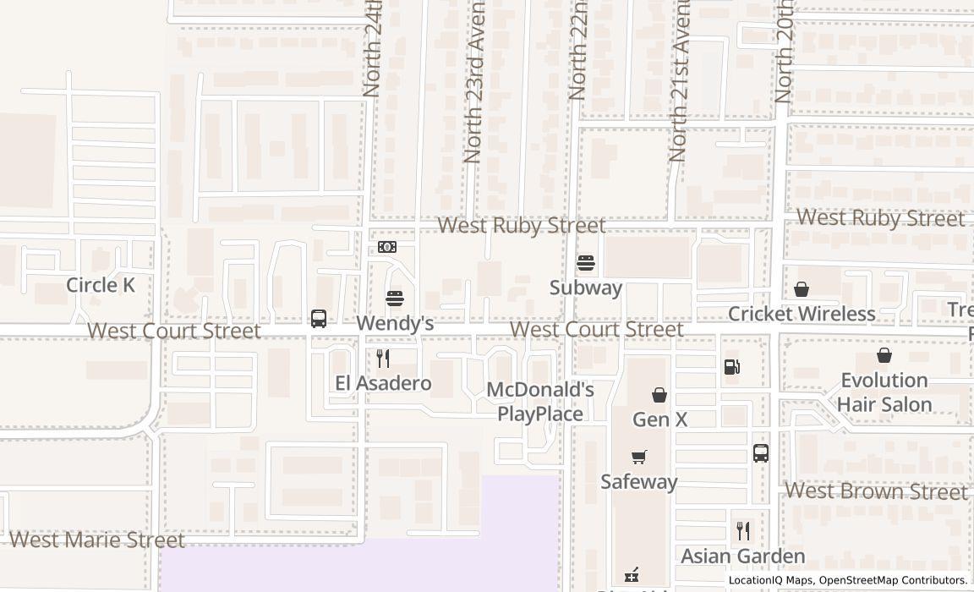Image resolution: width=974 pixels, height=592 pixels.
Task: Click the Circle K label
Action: pos(101,285)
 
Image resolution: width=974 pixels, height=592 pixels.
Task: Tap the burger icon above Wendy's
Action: pos(394,299)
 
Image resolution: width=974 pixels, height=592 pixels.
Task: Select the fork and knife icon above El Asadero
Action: pos(383,359)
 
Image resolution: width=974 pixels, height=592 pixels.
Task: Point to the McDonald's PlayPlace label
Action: pos(540,402)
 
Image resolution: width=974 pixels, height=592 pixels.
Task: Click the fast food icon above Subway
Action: pos(586,263)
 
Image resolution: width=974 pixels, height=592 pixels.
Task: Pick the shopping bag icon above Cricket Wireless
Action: pos(801,290)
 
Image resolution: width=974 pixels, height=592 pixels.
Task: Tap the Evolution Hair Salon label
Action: pos(884,392)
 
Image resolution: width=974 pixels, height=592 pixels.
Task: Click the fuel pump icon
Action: pos(732,366)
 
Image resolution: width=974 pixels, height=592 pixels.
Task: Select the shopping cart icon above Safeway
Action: pos(639,458)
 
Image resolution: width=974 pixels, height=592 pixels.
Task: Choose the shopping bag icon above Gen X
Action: pos(659,395)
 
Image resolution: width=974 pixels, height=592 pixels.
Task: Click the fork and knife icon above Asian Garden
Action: pos(743,531)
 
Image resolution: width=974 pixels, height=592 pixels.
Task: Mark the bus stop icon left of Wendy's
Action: pos(319,319)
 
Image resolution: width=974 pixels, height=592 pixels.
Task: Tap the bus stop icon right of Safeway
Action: pos(761,453)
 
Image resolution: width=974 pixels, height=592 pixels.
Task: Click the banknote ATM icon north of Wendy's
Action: pos(387,247)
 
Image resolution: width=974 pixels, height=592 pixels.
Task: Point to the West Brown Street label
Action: pos(876,491)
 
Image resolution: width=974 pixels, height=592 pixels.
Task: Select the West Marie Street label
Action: pos(96,540)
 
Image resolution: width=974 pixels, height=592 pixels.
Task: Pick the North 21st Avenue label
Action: pos(679,82)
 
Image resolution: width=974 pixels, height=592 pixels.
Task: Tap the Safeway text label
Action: pos(639,481)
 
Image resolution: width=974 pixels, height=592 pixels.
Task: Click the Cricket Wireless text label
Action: pos(802,314)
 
